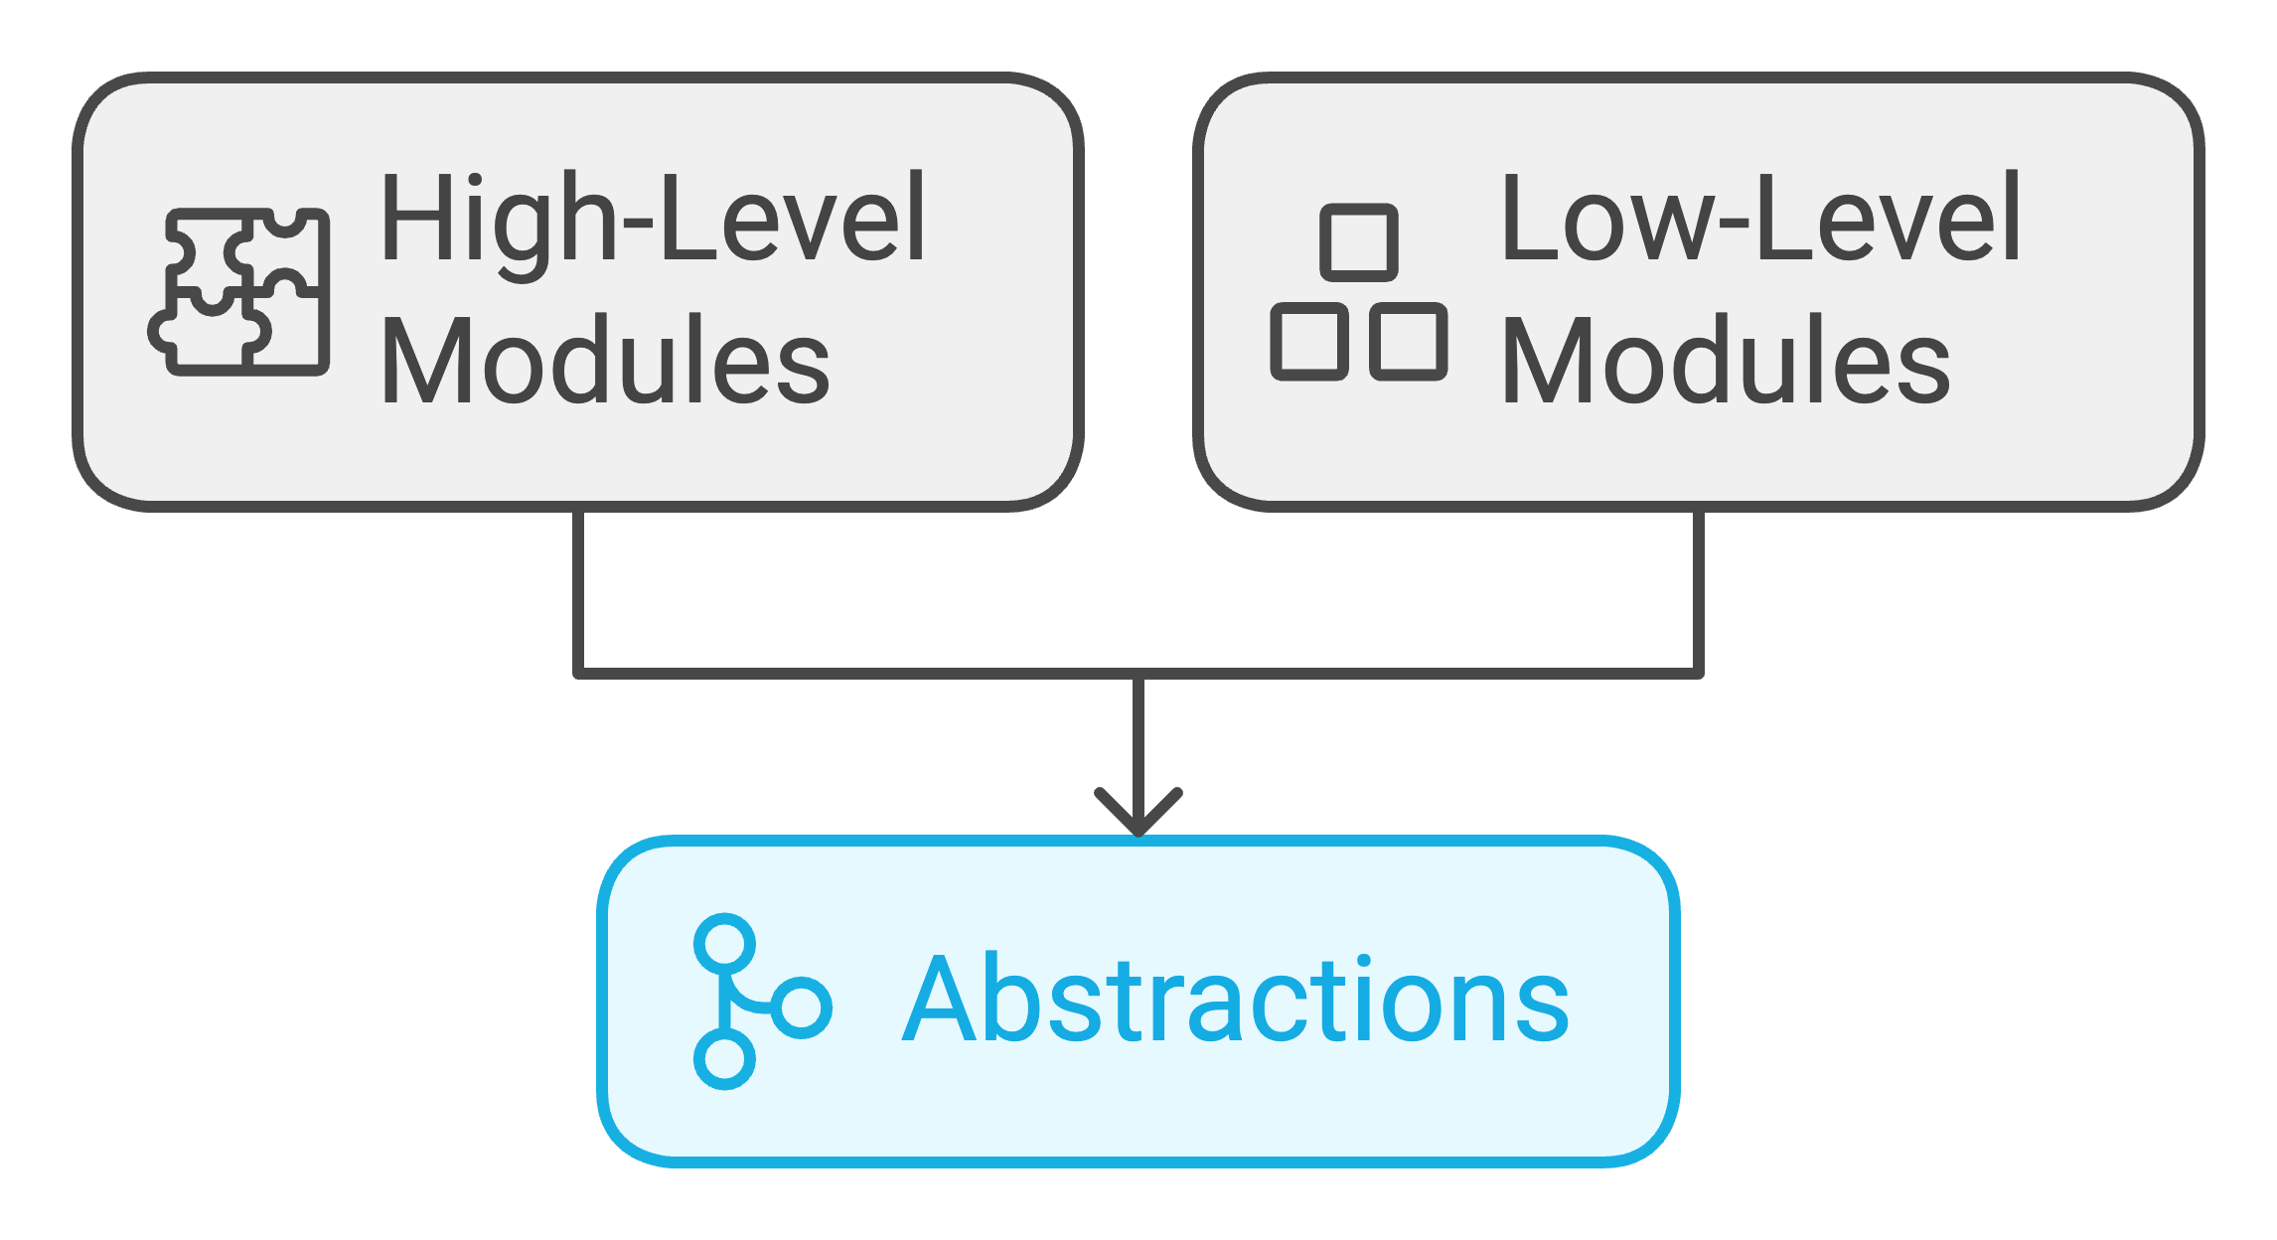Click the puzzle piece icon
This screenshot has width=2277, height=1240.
point(239,291)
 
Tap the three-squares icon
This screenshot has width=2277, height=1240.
point(1358,292)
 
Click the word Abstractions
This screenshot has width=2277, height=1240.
point(1236,999)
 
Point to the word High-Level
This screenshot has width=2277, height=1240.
point(654,220)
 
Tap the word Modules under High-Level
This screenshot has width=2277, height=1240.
point(606,360)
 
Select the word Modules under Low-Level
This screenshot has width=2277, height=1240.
point(1727,360)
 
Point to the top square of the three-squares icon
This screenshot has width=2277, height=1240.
point(1359,242)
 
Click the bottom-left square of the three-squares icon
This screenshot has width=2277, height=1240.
point(1309,342)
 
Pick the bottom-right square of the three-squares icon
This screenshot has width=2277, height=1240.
point(1409,342)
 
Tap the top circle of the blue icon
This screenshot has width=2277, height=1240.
point(725,944)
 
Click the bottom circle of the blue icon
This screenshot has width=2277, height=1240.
point(724,1059)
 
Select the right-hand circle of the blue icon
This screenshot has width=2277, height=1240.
point(802,1007)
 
